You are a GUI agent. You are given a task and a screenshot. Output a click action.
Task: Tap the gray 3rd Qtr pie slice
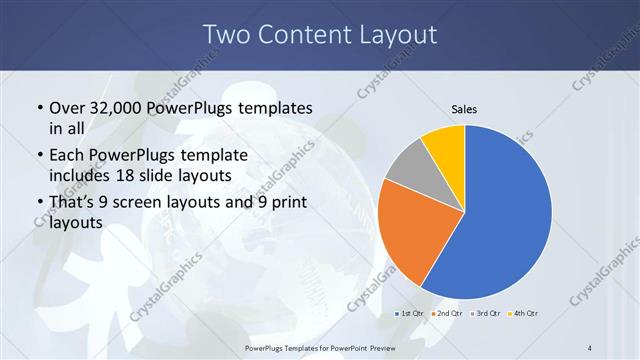408,170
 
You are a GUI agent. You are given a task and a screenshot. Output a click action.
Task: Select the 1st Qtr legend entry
413,314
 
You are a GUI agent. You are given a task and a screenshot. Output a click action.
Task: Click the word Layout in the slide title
395,35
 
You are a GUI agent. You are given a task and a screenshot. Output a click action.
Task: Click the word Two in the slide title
226,35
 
